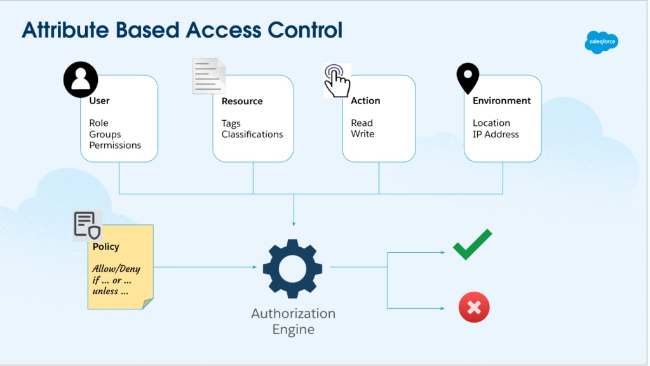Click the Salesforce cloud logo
600,43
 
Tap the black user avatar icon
81,79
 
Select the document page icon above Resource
209,76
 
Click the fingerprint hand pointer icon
337,80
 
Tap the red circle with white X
474,308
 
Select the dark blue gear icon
293,268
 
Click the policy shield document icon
87,226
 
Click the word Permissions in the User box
115,145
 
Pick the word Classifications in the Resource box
252,134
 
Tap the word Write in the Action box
362,134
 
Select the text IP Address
496,134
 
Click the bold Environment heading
501,100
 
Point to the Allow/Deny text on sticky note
116,269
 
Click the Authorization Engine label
293,321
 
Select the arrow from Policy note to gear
203,267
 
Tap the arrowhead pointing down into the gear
294,224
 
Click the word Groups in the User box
105,134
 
